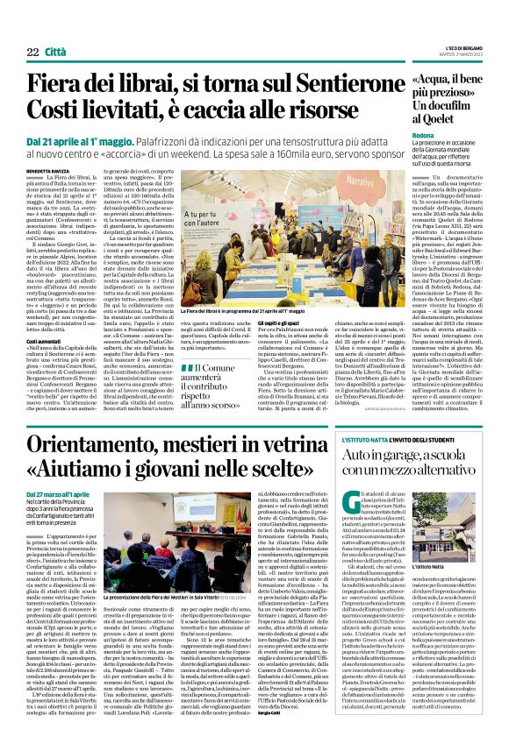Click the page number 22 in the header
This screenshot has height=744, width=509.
click(x=32, y=53)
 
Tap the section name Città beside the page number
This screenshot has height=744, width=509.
click(x=55, y=53)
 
